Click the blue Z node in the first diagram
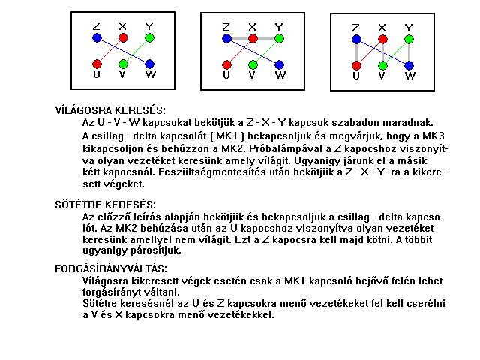(x=97, y=37)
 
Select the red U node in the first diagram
(x=97, y=64)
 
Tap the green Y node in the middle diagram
(x=279, y=38)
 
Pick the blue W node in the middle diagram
(x=279, y=64)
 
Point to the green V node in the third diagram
(x=383, y=65)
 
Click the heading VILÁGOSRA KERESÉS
(x=110, y=110)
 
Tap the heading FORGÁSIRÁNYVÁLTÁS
(x=111, y=268)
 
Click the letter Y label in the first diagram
(x=149, y=27)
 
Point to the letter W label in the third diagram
(x=409, y=76)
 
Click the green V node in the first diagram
(x=123, y=64)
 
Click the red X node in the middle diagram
(x=253, y=38)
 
